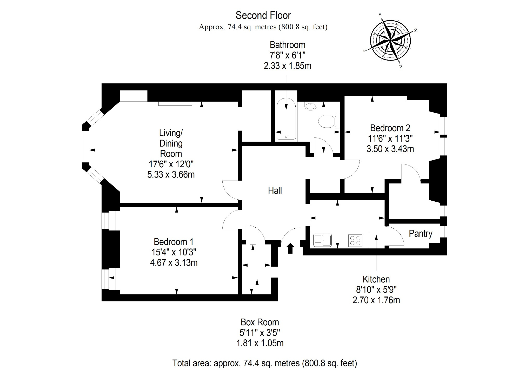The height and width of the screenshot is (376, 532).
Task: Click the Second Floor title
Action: point(263,16)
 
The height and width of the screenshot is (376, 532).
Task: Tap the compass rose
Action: point(390,41)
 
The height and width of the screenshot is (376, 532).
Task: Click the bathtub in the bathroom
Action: point(286,119)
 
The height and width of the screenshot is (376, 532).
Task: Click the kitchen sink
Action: point(322,240)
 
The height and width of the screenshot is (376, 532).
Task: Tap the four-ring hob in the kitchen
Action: point(355,240)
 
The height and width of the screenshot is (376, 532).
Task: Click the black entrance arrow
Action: point(290,248)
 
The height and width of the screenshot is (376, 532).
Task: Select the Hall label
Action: point(275,191)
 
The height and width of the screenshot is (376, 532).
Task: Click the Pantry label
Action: point(421,234)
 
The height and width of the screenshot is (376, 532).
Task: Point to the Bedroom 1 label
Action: point(174,242)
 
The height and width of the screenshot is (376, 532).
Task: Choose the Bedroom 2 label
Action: point(390,128)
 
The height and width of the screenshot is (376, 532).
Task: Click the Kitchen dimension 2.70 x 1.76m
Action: point(376,300)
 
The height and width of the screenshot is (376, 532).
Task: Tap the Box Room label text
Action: point(260,322)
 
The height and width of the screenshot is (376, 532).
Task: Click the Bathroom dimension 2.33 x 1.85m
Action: point(288,66)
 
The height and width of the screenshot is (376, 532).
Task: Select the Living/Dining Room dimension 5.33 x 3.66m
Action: point(171,174)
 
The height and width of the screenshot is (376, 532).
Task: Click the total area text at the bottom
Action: point(265,363)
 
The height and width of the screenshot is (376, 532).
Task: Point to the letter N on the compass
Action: point(401,66)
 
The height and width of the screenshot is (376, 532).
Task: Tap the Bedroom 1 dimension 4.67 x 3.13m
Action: point(174,263)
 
